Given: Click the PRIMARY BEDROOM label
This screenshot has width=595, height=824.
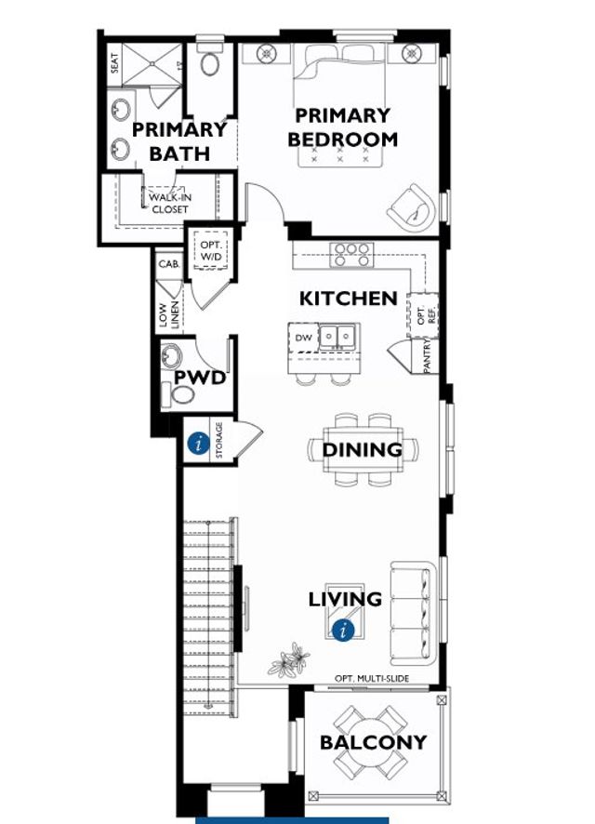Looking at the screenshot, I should click(342, 127).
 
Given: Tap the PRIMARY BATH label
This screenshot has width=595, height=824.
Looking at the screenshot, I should click(179, 141).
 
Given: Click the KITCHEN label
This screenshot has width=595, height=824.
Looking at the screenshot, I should click(348, 299).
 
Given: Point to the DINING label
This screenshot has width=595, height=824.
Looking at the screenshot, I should click(362, 450).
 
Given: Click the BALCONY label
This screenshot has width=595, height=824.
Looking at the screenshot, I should click(373, 742).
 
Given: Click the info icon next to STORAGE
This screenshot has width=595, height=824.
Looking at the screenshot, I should click(197, 444).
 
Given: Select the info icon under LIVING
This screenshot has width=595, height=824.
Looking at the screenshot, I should click(345, 630).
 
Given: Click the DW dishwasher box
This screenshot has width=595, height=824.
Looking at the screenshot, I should click(303, 338).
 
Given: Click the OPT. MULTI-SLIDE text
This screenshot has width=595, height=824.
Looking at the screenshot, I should click(381, 680).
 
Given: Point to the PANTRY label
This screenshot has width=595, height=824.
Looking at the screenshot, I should click(427, 354).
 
